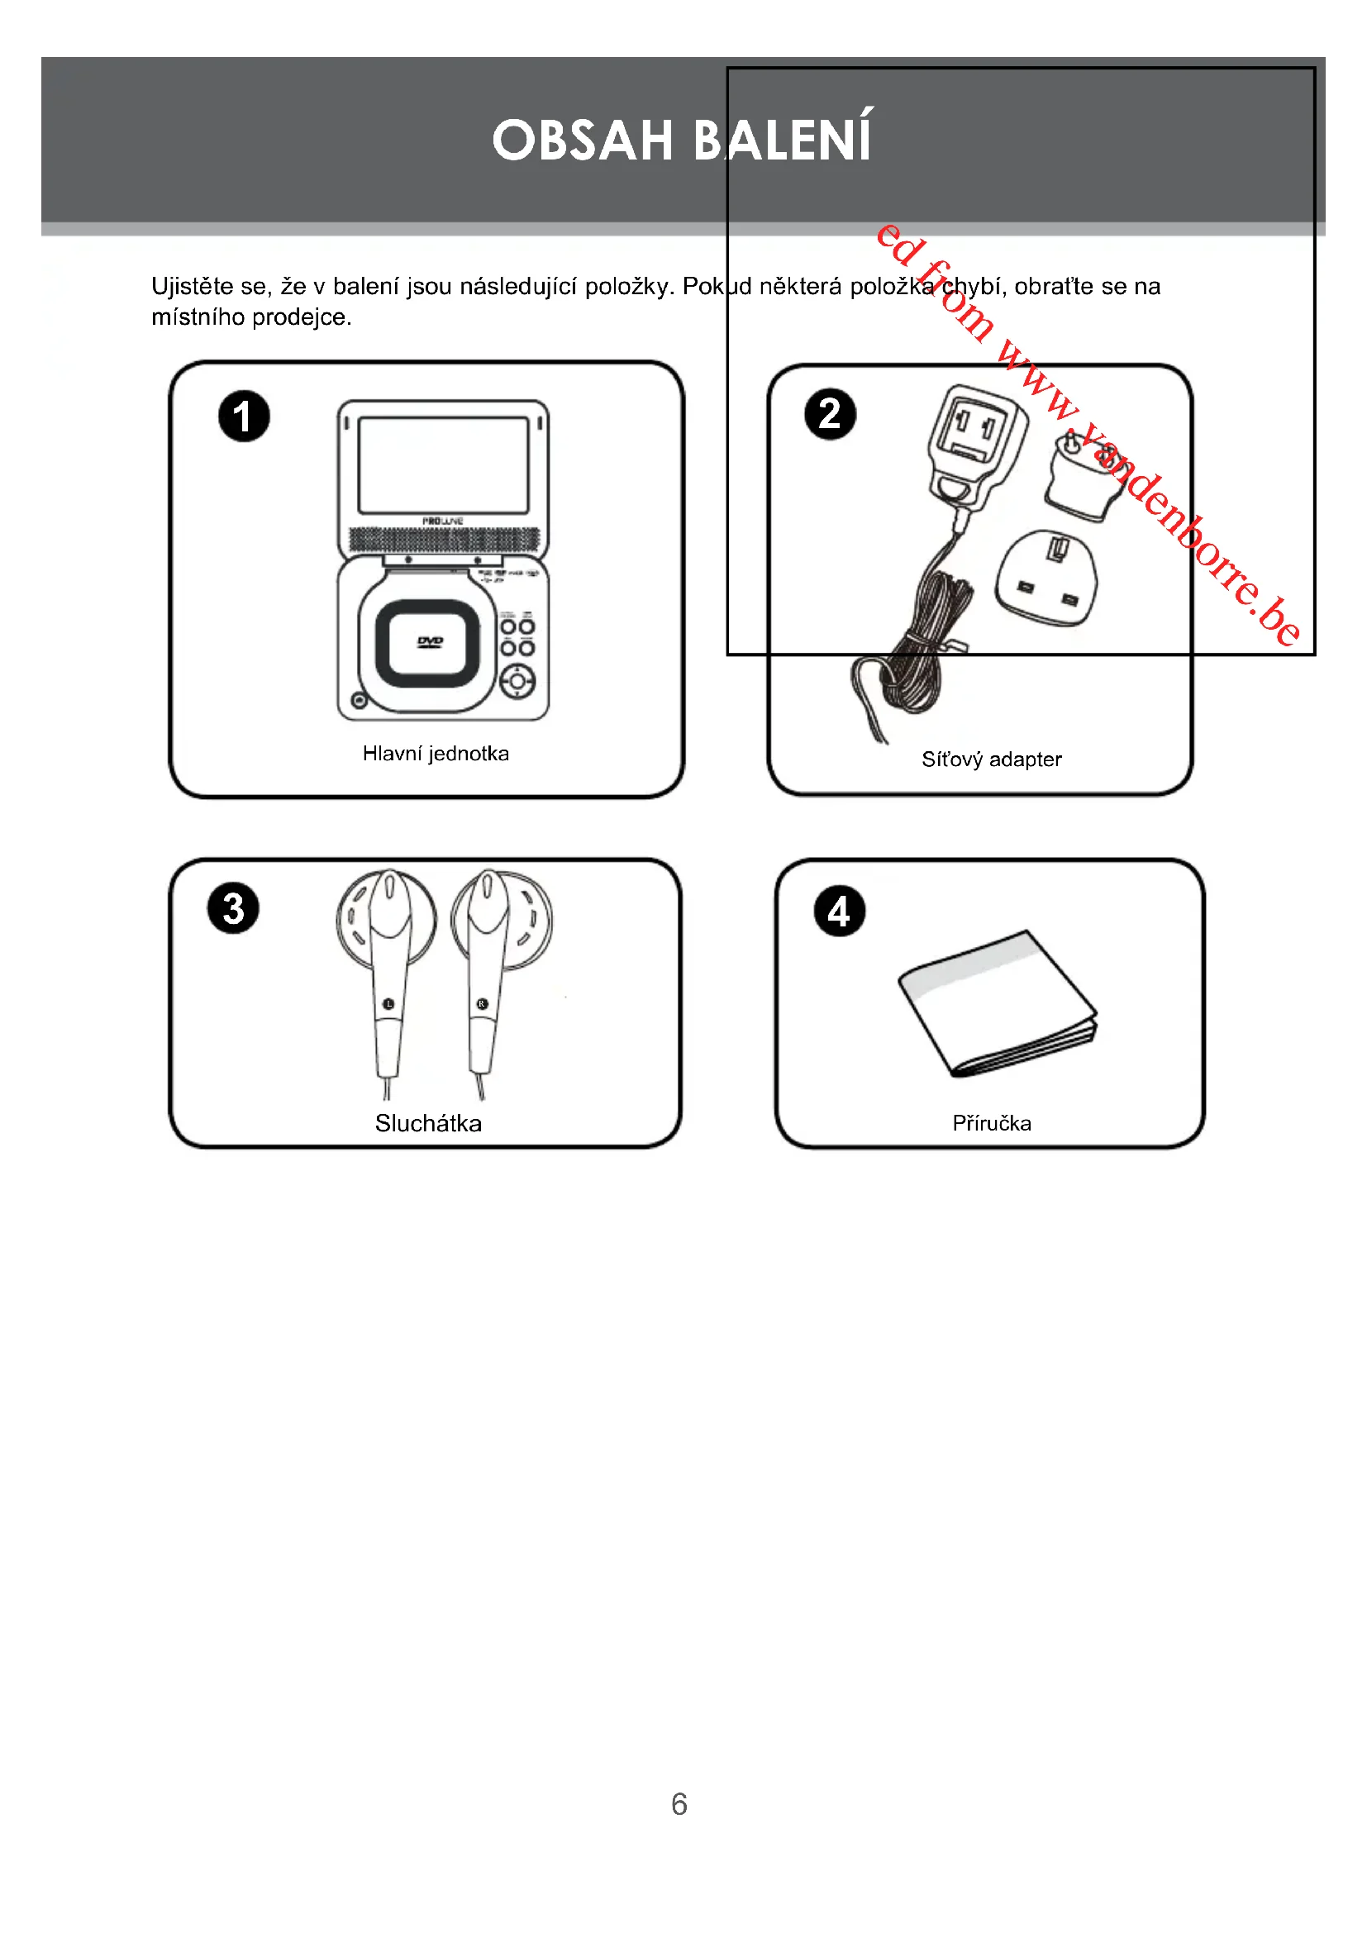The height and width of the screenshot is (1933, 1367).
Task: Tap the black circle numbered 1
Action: (x=244, y=416)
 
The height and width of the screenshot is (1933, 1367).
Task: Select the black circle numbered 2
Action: (x=830, y=414)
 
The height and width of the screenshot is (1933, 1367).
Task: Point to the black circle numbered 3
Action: (x=233, y=908)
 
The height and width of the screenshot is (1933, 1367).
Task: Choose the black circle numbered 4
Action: (x=839, y=911)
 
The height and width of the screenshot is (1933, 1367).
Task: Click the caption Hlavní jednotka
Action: (x=436, y=754)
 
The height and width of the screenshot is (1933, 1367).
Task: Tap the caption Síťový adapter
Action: (x=992, y=759)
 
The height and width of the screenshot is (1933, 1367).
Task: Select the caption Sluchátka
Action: (x=428, y=1123)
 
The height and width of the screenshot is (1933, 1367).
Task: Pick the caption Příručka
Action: (x=992, y=1123)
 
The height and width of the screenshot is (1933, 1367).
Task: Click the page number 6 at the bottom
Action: (x=679, y=1803)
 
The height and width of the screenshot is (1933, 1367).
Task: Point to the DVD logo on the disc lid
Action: (x=430, y=642)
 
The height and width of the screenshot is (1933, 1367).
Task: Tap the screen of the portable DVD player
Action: (x=444, y=464)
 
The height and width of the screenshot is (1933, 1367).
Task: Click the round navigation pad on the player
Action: (x=517, y=681)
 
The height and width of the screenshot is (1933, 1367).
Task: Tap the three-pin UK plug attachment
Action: (x=1046, y=579)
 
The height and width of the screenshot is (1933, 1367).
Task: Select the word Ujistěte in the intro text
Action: (x=192, y=286)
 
